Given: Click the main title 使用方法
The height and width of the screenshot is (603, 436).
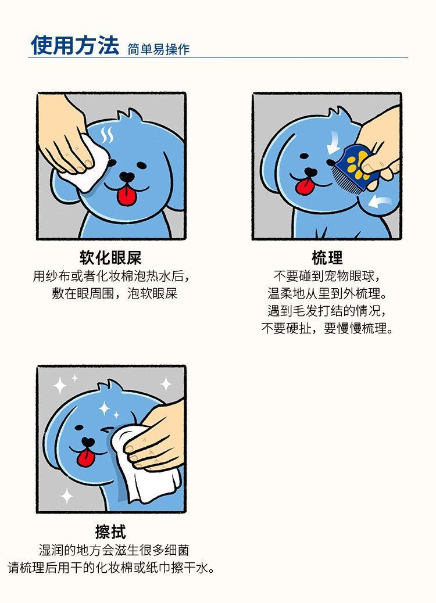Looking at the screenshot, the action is click(x=75, y=45).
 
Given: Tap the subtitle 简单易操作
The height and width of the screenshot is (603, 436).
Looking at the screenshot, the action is click(x=159, y=49).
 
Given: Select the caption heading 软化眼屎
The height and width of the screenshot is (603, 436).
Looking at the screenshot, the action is click(x=111, y=258).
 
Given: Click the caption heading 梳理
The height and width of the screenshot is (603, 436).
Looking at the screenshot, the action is click(x=327, y=258).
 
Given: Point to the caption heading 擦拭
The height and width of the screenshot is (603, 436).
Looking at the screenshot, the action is click(x=111, y=532).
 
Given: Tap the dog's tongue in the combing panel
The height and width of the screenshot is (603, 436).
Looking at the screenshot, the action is click(x=305, y=186).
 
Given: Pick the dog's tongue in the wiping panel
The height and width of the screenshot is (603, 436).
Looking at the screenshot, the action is click(x=85, y=458).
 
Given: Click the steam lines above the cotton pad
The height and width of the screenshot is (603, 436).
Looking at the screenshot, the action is click(x=107, y=135).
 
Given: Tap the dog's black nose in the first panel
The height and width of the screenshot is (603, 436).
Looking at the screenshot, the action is click(x=127, y=177).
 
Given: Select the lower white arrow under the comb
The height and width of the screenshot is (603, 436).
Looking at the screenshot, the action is click(x=380, y=202).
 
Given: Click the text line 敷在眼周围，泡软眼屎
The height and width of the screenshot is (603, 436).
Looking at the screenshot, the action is click(x=115, y=294).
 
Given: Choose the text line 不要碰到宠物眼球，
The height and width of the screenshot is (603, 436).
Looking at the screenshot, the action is click(x=327, y=276).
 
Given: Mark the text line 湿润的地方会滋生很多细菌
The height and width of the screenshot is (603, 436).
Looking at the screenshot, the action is click(x=114, y=550).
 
